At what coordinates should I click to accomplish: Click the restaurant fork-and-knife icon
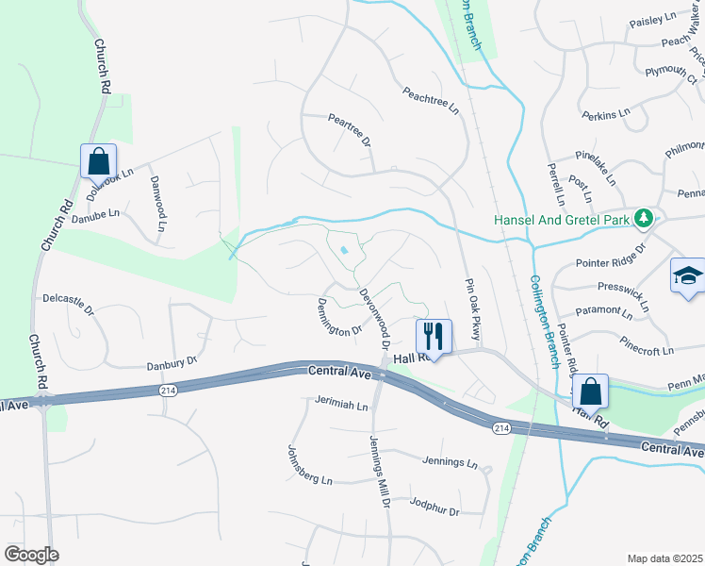coord(434,335)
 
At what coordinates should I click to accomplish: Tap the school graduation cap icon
coord(687,276)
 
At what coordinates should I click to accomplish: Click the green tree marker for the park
coord(644,219)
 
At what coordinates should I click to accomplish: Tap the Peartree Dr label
coord(349,131)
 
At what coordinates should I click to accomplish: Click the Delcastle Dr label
coord(69,303)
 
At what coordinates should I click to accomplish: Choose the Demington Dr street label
coord(339,317)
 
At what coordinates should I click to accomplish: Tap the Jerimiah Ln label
coord(341,405)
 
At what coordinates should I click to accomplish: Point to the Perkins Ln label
coord(605,113)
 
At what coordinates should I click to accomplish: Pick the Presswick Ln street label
coord(623,292)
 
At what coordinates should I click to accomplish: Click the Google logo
coord(31,555)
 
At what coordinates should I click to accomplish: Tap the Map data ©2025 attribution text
coord(664,558)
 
